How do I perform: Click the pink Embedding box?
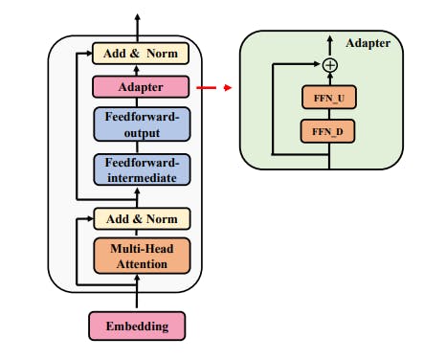pos(137,326)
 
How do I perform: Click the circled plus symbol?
pos(330,65)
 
